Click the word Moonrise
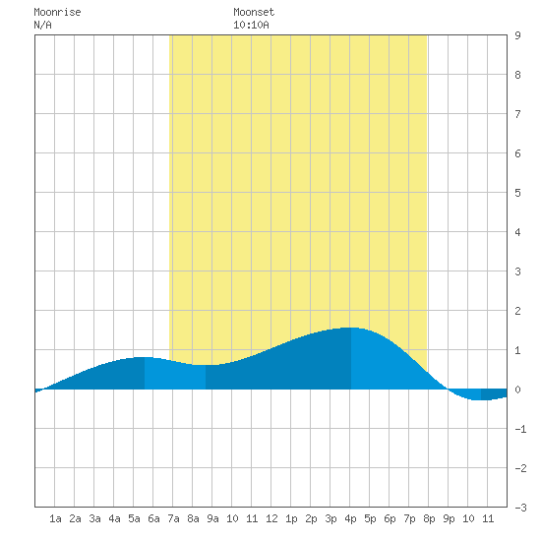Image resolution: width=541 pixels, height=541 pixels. coord(57,12)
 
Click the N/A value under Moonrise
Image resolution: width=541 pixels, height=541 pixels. coord(42,25)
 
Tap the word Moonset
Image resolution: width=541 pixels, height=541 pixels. coord(254,12)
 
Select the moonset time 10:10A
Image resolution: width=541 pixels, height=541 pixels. coord(251,25)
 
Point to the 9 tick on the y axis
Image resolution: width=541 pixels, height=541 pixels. coord(517,35)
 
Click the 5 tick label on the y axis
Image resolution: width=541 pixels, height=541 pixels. coord(517,193)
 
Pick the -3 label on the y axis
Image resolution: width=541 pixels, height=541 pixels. coord(520,508)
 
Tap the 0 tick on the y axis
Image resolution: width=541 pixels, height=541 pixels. coord(517,390)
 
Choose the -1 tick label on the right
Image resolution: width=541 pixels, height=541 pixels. coord(520,429)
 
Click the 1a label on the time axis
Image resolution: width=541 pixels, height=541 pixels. coord(55,518)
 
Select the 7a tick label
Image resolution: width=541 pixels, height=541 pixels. coord(173,518)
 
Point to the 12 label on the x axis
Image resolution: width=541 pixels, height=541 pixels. coord(271,518)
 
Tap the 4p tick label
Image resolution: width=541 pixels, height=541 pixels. coord(350,518)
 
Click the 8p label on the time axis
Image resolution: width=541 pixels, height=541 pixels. coord(429,518)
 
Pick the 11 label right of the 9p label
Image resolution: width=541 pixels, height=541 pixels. coord(488,518)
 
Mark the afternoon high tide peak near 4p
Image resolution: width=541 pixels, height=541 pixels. coord(351,328)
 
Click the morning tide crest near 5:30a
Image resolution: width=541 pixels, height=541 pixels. coord(145,357)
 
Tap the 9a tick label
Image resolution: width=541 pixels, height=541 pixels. coord(212,518)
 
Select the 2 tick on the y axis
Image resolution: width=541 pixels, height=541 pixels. coord(517,311)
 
